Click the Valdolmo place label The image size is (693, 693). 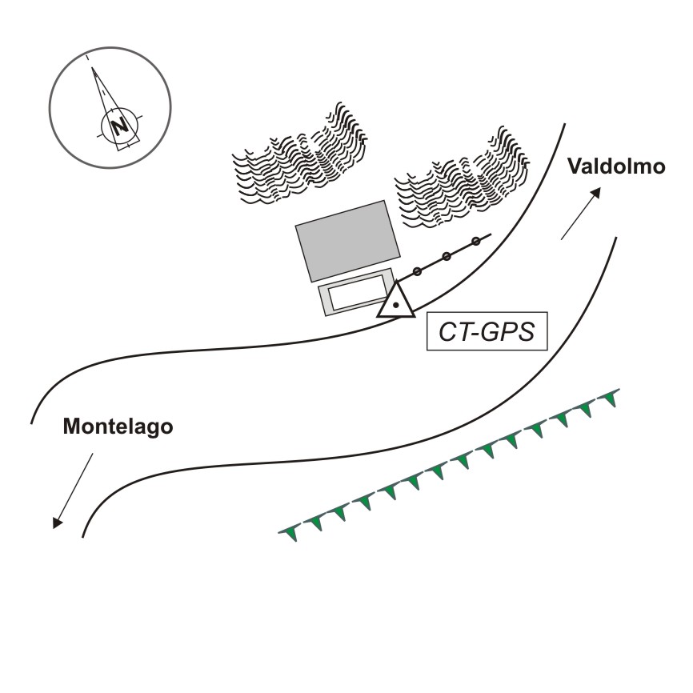616,166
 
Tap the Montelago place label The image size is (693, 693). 118,427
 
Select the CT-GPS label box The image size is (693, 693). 487,331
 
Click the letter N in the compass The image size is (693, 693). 120,127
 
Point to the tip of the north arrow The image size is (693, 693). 92,68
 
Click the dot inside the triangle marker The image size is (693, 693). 396,305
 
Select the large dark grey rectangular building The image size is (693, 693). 348,242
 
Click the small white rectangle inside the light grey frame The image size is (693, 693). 357,292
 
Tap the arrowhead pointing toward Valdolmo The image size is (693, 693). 595,193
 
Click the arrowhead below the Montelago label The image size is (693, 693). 58,523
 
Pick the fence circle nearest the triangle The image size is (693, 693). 417,271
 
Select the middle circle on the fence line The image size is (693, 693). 447,256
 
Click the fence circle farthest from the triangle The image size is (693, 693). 475,242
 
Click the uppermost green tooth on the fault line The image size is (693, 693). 611,399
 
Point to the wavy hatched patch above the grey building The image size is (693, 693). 300,154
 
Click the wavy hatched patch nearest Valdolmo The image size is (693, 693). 462,177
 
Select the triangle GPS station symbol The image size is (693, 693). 396,299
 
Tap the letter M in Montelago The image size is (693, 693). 72,427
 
